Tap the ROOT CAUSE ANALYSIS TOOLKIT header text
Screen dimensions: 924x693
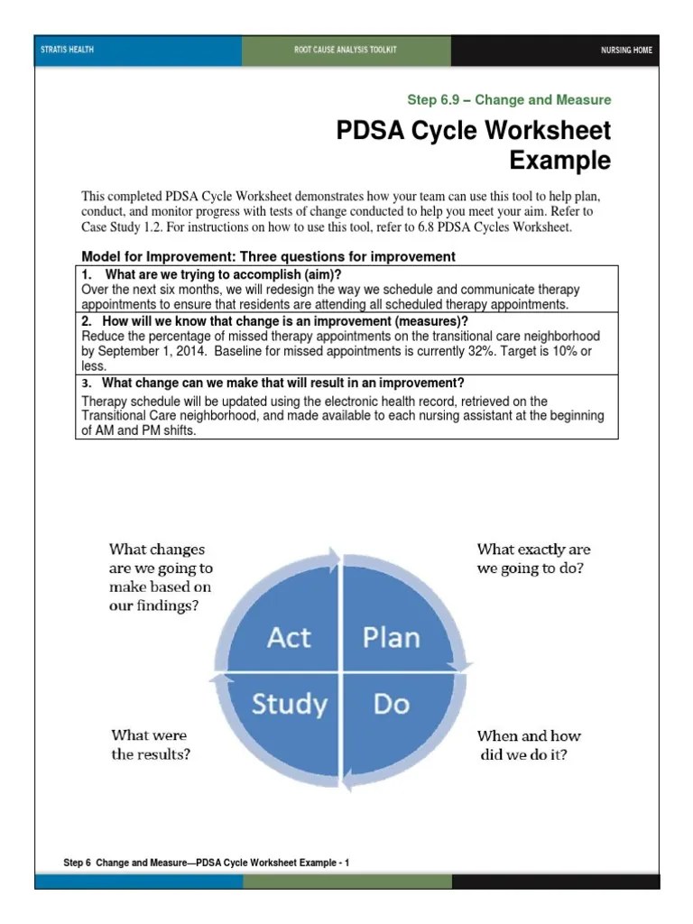coord(346,50)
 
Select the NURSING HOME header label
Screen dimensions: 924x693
coord(626,50)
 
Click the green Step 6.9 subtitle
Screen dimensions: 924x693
coord(509,100)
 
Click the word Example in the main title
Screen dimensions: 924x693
coord(559,162)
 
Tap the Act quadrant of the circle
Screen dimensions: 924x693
coord(290,637)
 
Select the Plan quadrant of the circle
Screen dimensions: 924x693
coord(391,637)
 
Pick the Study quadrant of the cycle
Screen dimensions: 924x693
coord(288,703)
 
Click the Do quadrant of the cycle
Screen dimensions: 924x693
coord(391,703)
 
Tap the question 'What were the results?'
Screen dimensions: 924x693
coord(151,744)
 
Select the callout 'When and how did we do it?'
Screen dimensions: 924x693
coord(529,744)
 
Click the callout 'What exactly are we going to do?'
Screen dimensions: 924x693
coord(533,559)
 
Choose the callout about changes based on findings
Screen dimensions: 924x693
coord(161,577)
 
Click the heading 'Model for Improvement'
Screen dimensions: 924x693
coord(268,257)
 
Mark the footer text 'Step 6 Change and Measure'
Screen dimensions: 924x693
coord(206,864)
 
